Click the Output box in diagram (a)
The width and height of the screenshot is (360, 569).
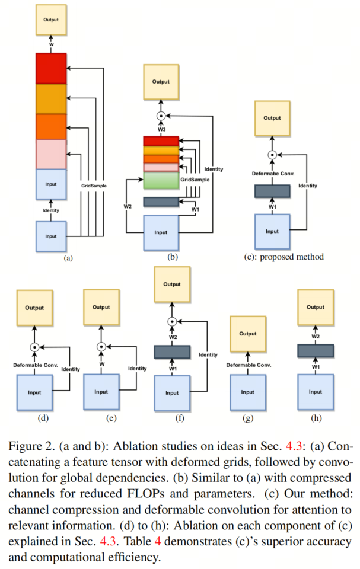click(51, 20)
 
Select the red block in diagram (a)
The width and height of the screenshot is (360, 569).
click(51, 68)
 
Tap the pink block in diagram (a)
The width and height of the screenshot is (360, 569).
click(51, 154)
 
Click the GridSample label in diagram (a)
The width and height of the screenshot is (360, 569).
click(94, 186)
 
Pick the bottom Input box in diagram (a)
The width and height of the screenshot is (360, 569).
click(51, 236)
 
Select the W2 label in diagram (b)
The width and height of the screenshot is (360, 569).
click(128, 206)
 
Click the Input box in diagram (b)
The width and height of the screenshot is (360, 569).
click(161, 232)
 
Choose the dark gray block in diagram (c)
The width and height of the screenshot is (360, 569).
click(272, 191)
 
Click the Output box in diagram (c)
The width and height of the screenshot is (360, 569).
click(272, 117)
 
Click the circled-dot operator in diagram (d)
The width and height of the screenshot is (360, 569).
click(34, 347)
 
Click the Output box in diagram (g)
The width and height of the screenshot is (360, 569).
click(248, 334)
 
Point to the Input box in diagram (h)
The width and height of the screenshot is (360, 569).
click(315, 392)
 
